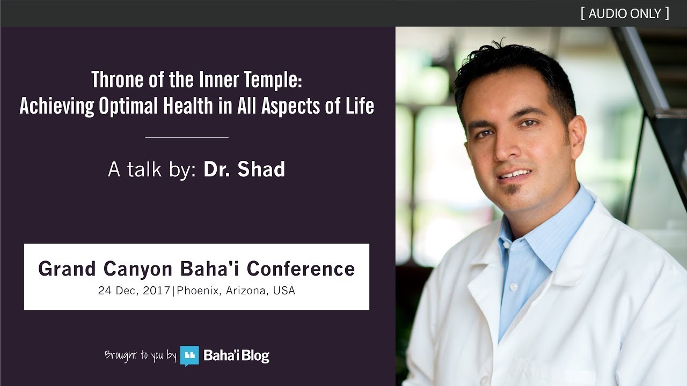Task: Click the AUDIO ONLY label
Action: (x=625, y=13)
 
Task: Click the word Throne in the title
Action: (x=118, y=79)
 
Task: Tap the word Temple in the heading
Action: (x=273, y=80)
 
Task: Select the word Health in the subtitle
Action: (x=188, y=106)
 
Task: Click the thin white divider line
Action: (x=187, y=137)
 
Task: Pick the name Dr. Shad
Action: (x=244, y=169)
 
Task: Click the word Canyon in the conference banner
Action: (x=138, y=269)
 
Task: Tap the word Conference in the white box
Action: (x=301, y=269)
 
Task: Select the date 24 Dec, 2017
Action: (x=134, y=291)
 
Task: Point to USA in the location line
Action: (x=284, y=290)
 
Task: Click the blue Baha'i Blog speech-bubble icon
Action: (x=189, y=355)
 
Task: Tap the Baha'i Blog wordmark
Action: (x=237, y=355)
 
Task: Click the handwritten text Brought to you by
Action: (x=141, y=355)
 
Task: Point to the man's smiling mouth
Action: (x=515, y=174)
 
